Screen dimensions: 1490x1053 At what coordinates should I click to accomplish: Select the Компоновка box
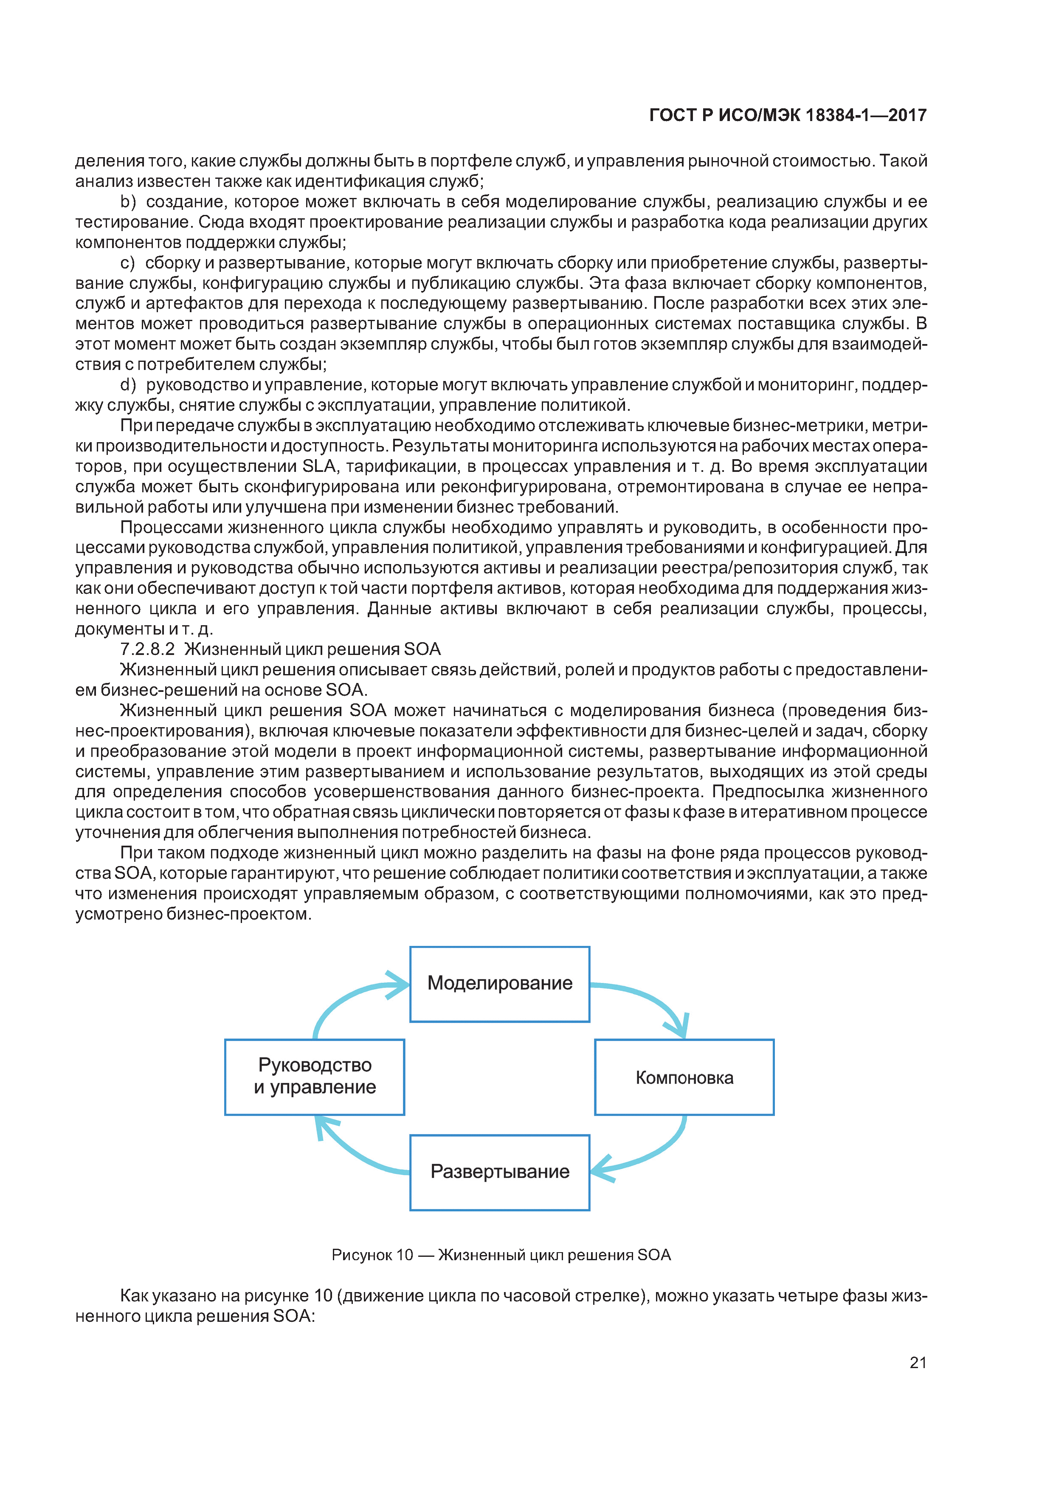pos(684,1078)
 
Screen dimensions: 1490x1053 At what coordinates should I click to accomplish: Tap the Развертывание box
pos(500,1172)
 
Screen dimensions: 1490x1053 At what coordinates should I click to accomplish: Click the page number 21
pos(918,1363)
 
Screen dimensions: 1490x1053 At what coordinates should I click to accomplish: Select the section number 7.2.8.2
pos(147,649)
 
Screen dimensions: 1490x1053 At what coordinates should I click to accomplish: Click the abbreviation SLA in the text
pos(318,466)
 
